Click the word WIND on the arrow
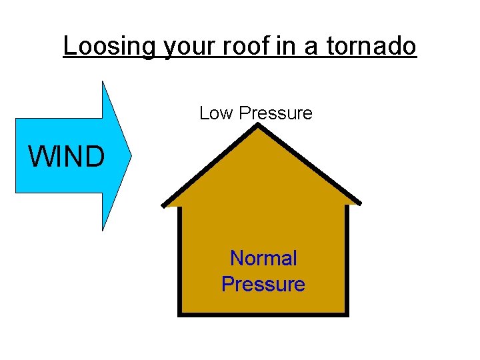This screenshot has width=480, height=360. tap(66, 157)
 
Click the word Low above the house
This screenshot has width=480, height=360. tap(215, 113)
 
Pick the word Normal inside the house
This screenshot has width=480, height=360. tap(263, 258)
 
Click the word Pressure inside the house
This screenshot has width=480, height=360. tap(263, 285)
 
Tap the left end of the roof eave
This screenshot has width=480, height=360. tap(165, 204)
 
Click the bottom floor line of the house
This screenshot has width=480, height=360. tap(263, 314)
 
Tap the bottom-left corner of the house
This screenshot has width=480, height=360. tap(179, 314)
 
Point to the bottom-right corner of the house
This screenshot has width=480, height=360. tap(347, 314)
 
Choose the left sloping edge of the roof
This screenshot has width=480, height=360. tap(210, 167)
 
